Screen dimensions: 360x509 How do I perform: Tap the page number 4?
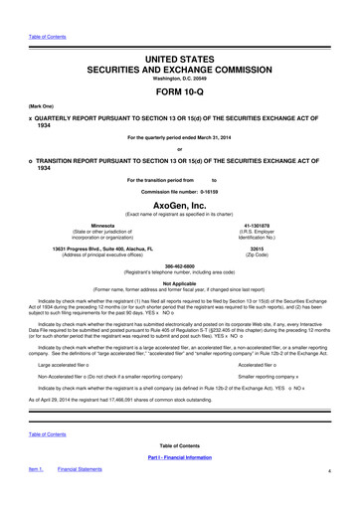pos(341,498)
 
